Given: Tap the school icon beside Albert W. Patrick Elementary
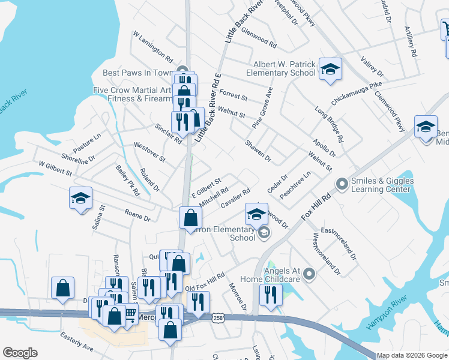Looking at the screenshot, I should (x=330, y=70).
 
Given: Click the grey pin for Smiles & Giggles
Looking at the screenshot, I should (x=342, y=182).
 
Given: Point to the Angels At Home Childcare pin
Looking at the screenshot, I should (x=309, y=274).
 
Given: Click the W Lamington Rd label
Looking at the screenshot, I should (x=153, y=46).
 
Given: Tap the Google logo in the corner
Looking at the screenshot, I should (x=20, y=353).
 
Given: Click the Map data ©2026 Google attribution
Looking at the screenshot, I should (x=412, y=355).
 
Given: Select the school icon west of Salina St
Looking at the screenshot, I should (x=80, y=199).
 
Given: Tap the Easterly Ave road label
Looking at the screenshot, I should (x=76, y=347).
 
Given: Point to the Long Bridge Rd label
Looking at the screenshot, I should (x=330, y=124).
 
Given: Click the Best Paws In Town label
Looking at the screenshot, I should (x=138, y=73).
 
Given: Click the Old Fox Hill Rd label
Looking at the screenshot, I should (x=205, y=283).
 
